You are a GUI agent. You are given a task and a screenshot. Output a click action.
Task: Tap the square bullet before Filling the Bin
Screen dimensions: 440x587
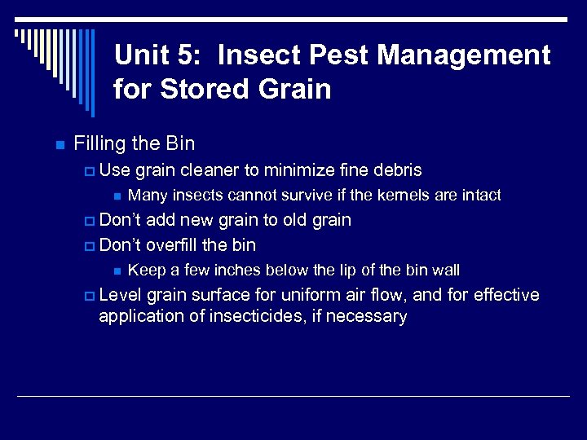[x=59, y=145]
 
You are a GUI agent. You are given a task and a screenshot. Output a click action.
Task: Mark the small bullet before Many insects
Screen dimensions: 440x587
[x=117, y=196]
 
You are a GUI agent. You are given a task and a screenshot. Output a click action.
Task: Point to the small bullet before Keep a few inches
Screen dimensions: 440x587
[x=117, y=271]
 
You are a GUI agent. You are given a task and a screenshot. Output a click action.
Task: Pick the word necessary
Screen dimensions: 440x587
[x=369, y=316]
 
